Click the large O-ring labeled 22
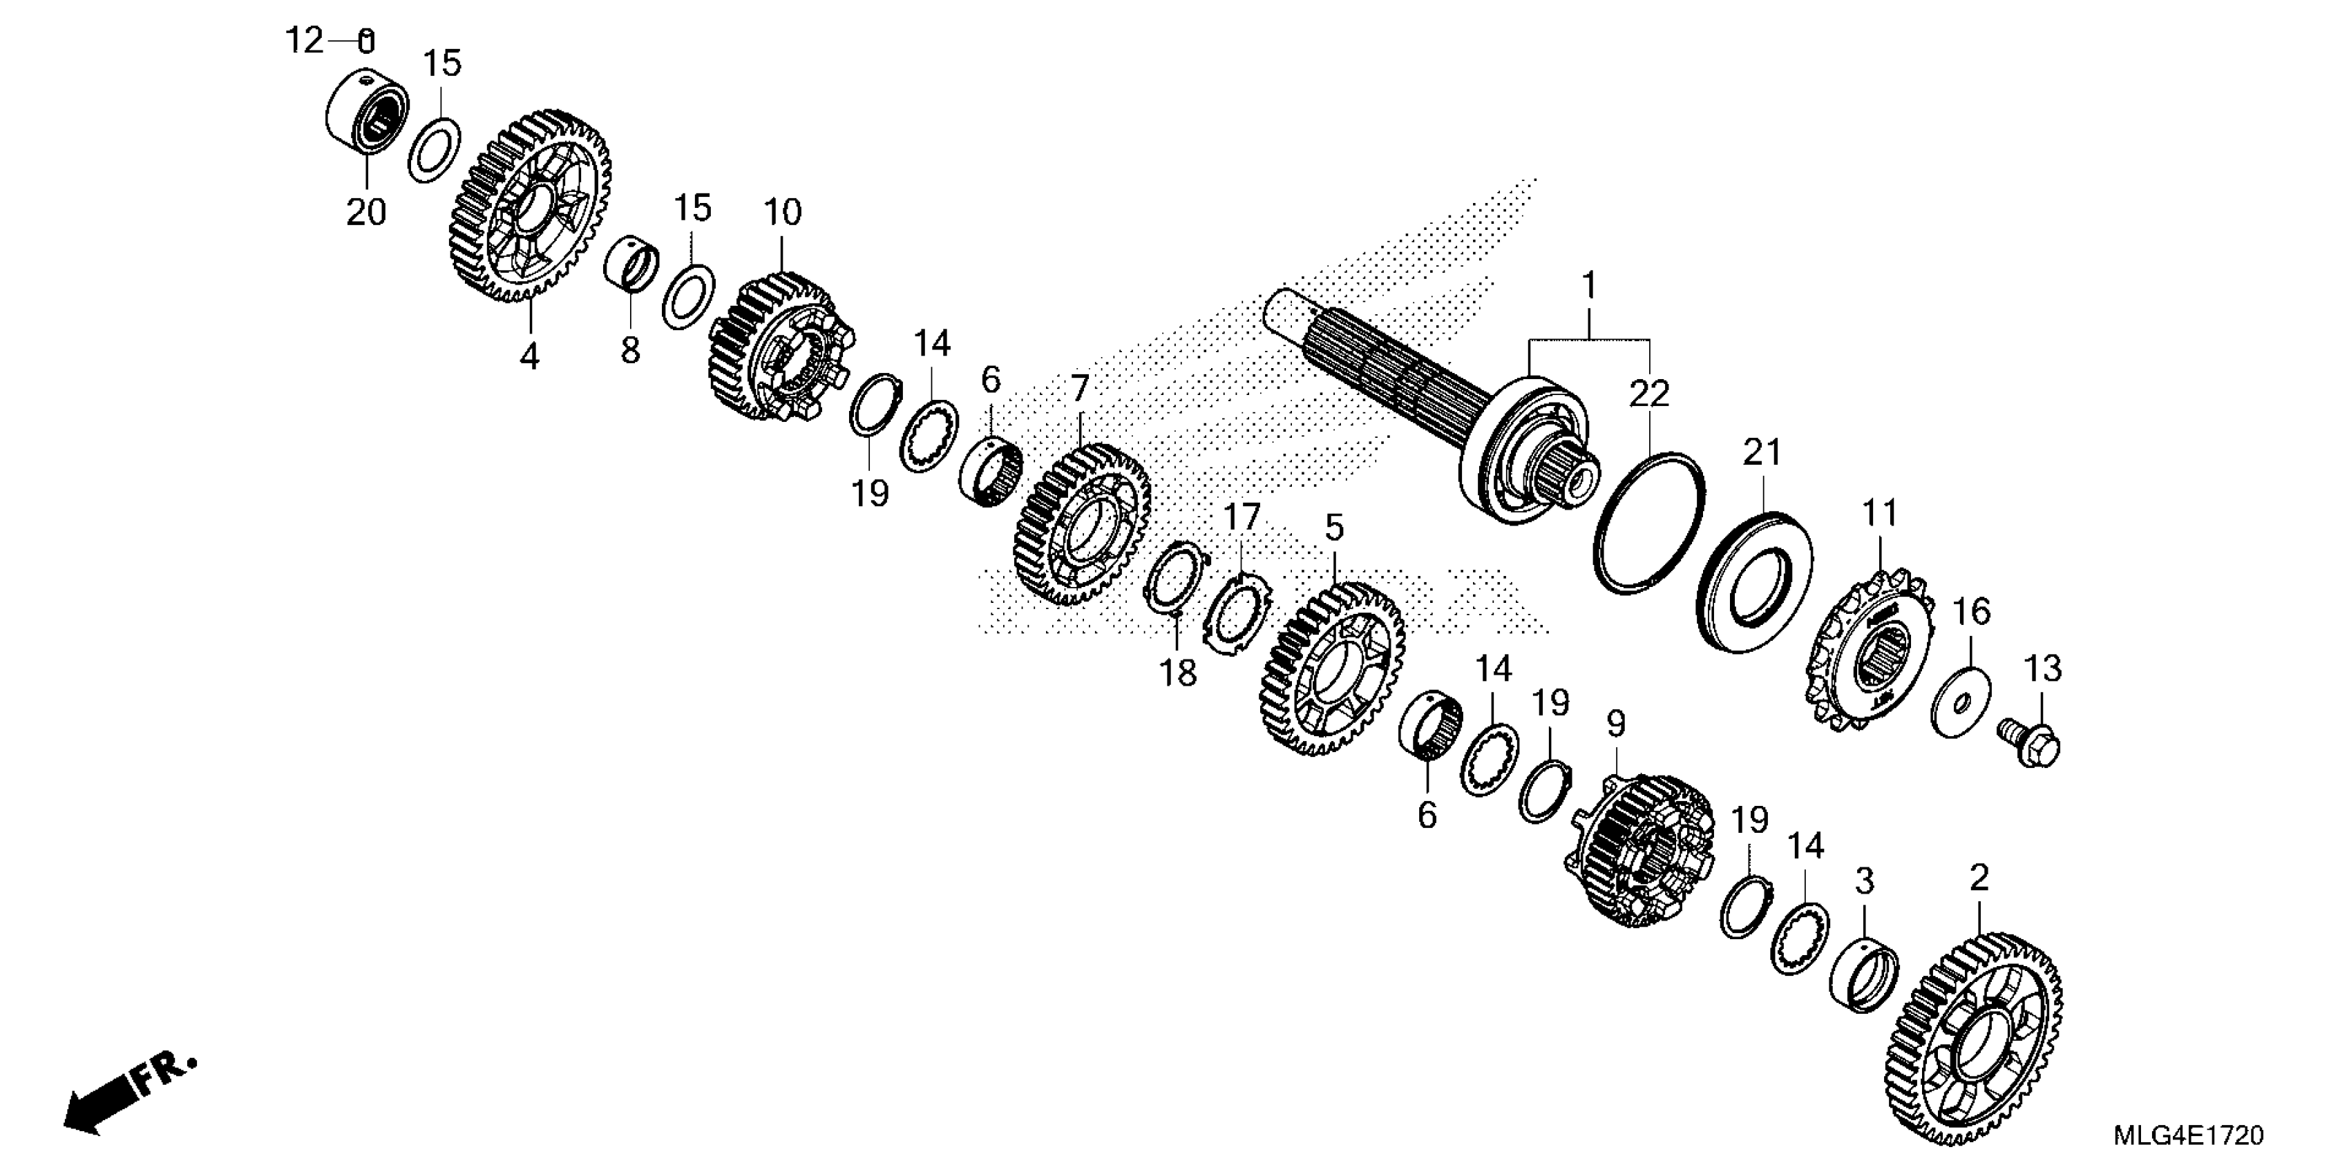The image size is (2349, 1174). point(1648,521)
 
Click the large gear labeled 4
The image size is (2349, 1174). point(531,207)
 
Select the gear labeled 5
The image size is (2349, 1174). point(1333,671)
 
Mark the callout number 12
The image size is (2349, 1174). point(304,41)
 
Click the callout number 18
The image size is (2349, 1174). point(1177,673)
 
